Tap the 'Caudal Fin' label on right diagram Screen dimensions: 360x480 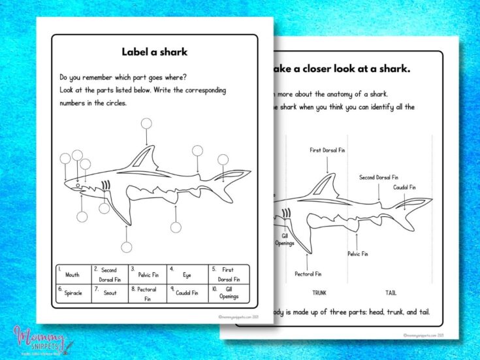point(404,187)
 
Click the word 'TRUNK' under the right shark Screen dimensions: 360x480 point(319,293)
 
